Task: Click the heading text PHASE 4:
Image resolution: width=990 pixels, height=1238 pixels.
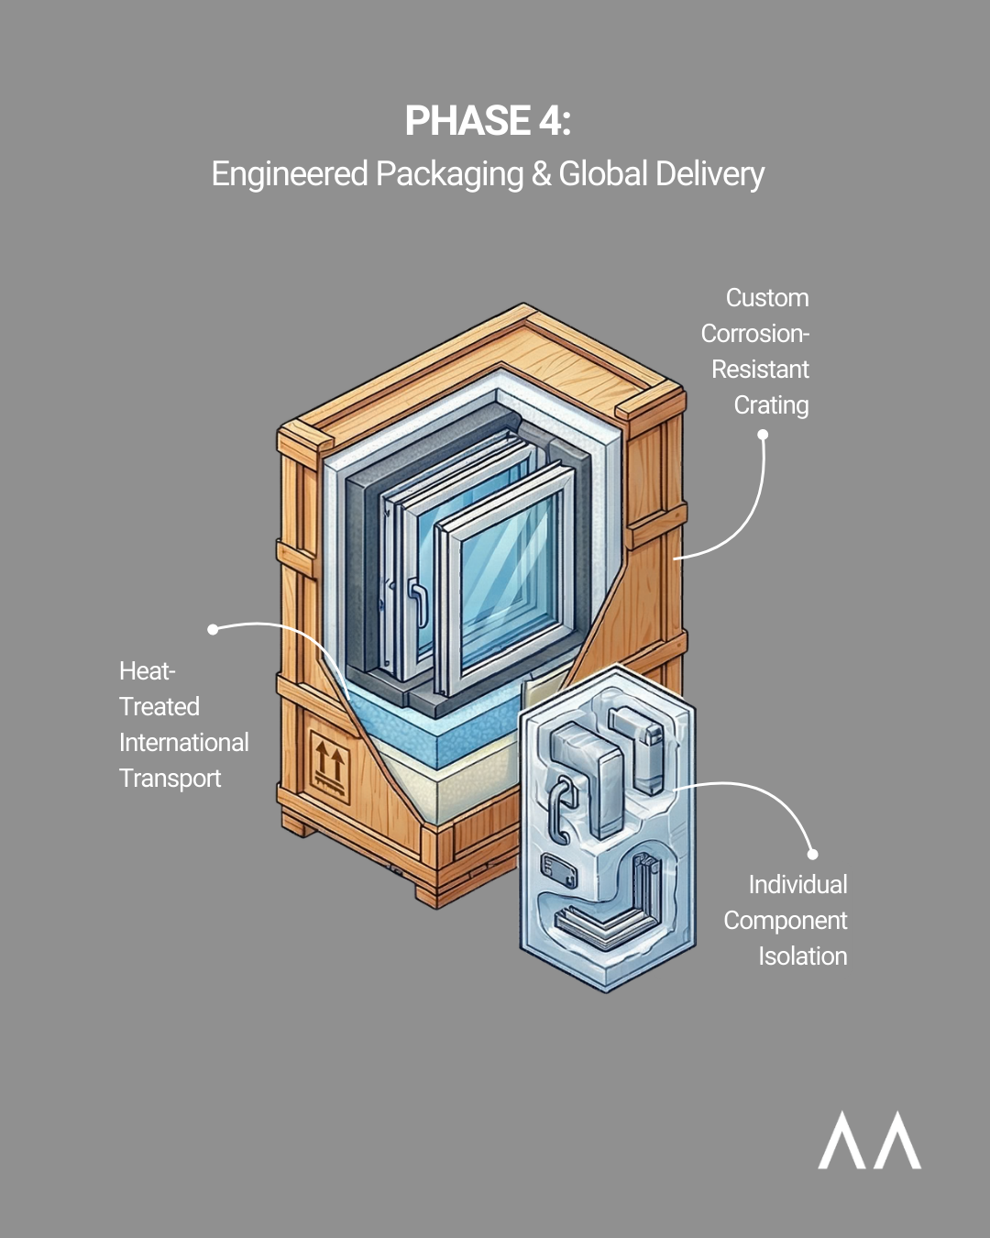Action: [x=488, y=121]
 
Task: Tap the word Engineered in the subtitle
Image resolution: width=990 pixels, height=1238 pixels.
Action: [x=290, y=174]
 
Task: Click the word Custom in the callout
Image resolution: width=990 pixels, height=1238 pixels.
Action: [x=767, y=298]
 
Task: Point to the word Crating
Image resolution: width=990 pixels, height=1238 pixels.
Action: [x=771, y=405]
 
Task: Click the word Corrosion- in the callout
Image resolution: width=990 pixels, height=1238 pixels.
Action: [x=754, y=334]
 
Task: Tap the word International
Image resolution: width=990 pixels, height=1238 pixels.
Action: [x=183, y=742]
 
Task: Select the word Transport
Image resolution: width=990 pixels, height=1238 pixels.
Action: [x=170, y=778]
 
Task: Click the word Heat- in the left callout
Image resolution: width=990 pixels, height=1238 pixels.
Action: [x=147, y=671]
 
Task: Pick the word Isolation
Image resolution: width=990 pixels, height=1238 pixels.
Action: [x=802, y=956]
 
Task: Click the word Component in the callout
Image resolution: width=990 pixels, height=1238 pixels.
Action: [x=785, y=920]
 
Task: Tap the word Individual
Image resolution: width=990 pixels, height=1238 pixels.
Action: [x=797, y=884]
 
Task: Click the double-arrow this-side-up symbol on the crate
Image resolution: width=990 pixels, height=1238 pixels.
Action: [x=329, y=765]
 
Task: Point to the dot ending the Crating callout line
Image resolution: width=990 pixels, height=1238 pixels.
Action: [x=763, y=435]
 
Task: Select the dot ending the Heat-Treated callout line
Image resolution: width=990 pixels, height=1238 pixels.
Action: [x=213, y=629]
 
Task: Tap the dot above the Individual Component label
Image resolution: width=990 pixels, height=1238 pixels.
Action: [x=811, y=854]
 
